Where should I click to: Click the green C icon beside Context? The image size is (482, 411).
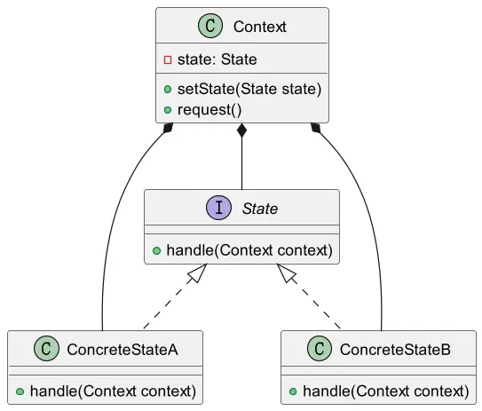[210, 26]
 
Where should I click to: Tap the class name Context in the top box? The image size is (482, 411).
[260, 27]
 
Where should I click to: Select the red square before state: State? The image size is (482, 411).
[168, 59]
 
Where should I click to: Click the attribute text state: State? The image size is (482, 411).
[217, 59]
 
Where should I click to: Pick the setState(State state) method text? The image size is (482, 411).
[249, 89]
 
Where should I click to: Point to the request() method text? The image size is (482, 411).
[209, 110]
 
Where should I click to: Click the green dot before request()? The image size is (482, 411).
[168, 110]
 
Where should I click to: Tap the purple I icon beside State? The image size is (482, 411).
[218, 208]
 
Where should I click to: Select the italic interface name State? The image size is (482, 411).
[260, 209]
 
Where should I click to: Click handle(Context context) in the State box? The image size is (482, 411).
[249, 250]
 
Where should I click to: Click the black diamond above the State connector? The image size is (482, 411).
[242, 130]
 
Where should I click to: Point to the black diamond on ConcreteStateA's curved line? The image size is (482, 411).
[168, 127]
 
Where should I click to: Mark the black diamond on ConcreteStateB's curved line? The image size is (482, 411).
[315, 127]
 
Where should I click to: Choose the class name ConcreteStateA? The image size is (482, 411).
[122, 350]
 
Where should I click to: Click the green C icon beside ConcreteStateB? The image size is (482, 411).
[320, 348]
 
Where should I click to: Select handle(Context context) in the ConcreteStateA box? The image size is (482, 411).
[113, 391]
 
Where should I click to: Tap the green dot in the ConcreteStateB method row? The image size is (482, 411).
[293, 391]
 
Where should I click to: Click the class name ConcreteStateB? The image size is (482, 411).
[395, 350]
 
